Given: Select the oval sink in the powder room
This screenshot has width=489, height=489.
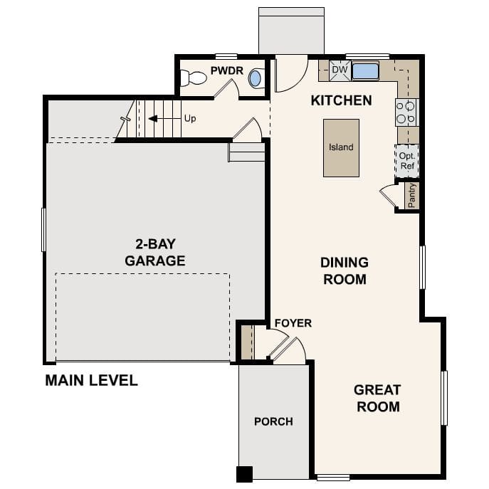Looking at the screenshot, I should (256, 78).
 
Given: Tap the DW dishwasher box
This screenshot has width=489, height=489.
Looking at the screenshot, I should (340, 70).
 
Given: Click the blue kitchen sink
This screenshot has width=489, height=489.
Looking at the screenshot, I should (365, 71).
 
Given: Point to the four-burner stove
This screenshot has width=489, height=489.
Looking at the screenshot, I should (406, 112).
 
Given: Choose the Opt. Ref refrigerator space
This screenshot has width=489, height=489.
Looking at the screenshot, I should (407, 161).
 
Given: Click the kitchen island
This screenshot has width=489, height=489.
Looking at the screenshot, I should (341, 147).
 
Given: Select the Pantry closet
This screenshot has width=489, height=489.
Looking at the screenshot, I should (411, 196).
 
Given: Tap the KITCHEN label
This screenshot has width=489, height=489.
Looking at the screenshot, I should (341, 100).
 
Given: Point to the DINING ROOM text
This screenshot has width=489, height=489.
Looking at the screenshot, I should (345, 270).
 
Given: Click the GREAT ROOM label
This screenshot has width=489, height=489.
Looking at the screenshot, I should (377, 398).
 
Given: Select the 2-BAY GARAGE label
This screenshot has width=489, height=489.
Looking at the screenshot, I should (155, 253).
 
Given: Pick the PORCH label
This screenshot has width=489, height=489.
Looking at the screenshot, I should (273, 421).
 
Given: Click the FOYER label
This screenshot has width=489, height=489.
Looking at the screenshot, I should (293, 323).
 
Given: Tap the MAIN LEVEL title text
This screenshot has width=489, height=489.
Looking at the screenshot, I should (91, 381).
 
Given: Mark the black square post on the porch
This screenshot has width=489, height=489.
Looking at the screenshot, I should (244, 473).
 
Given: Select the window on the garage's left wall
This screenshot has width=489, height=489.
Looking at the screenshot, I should (44, 229).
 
